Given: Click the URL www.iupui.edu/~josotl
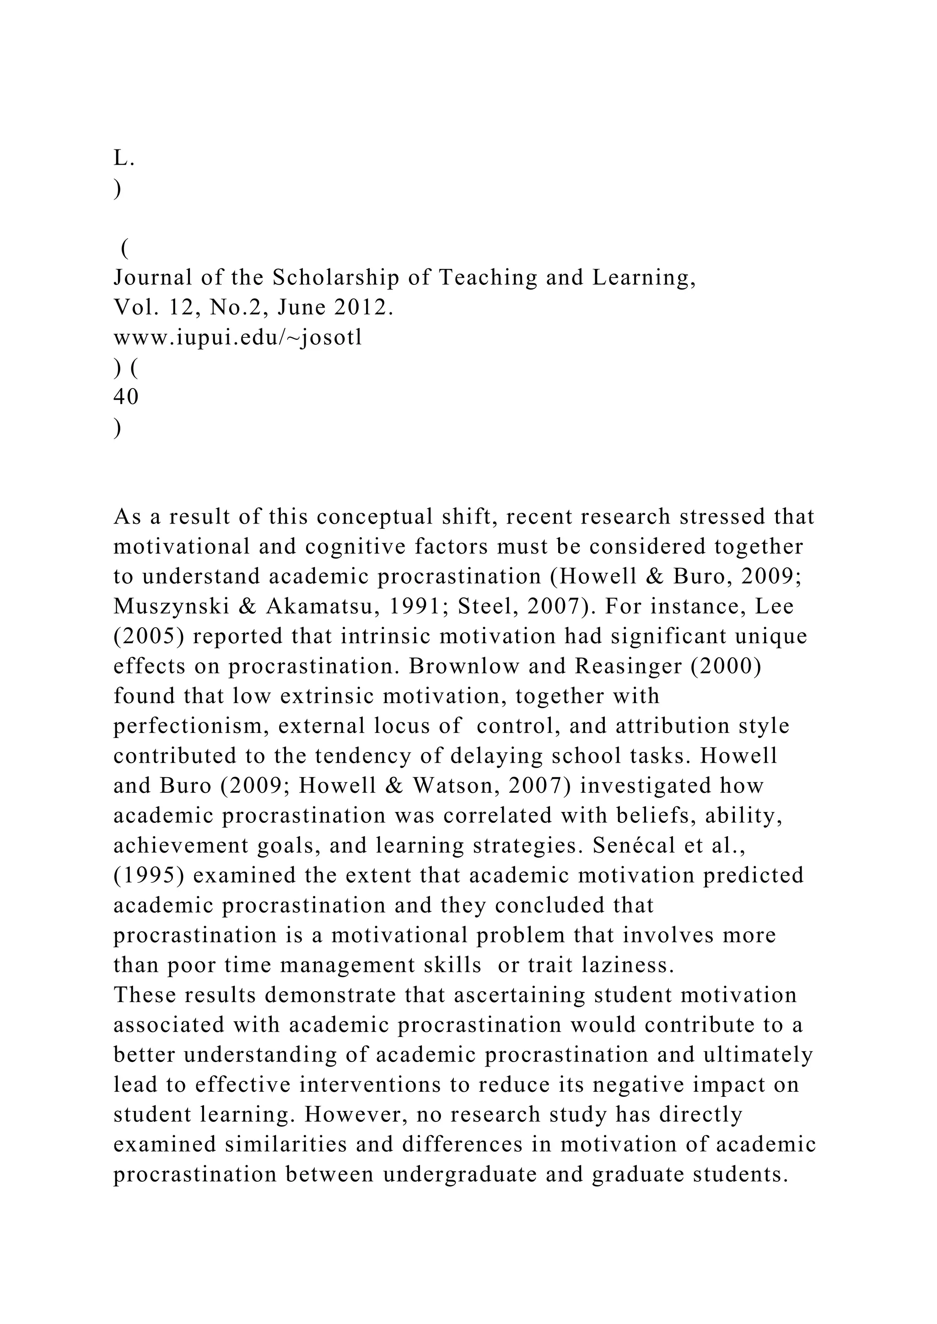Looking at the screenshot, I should coord(238,337).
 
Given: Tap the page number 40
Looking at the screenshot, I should coord(126,397).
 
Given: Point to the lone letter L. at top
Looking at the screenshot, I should coord(124,158).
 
